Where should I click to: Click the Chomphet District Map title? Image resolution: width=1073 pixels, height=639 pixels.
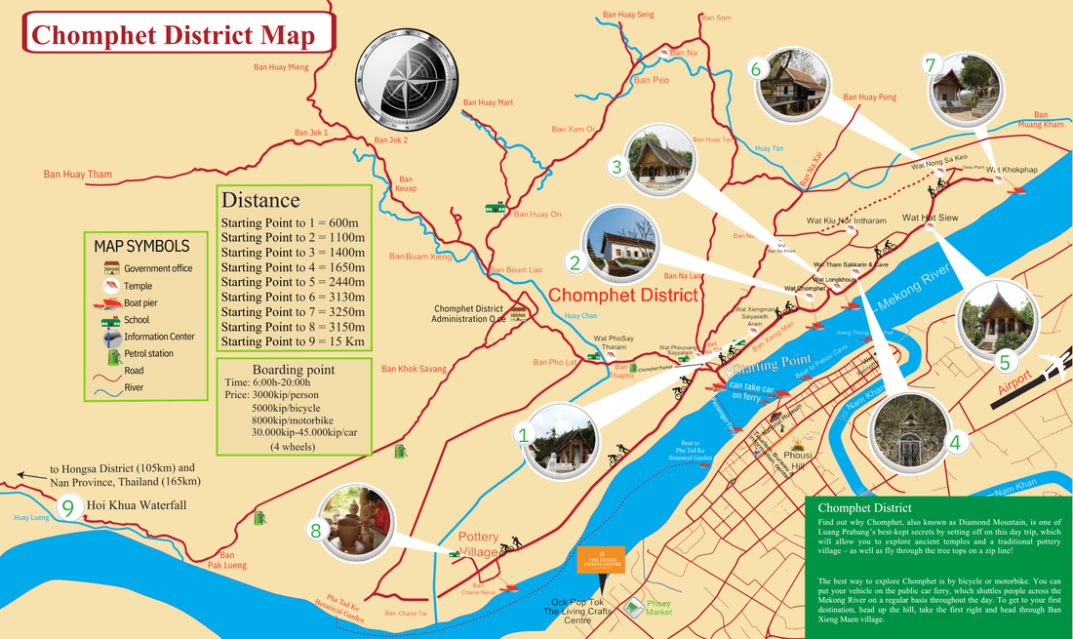click(x=174, y=36)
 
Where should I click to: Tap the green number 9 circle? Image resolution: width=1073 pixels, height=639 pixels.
click(x=67, y=507)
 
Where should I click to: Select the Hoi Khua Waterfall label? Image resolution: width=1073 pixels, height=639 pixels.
click(x=136, y=505)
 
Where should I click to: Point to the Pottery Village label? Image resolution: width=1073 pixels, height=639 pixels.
click(x=479, y=544)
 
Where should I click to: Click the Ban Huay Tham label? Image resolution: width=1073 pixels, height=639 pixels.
click(x=78, y=175)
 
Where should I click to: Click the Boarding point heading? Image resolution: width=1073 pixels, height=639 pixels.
click(x=293, y=370)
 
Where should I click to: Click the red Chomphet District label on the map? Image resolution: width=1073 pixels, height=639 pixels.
click(x=622, y=295)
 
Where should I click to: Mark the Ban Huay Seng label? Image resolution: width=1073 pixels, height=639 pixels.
click(x=628, y=15)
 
